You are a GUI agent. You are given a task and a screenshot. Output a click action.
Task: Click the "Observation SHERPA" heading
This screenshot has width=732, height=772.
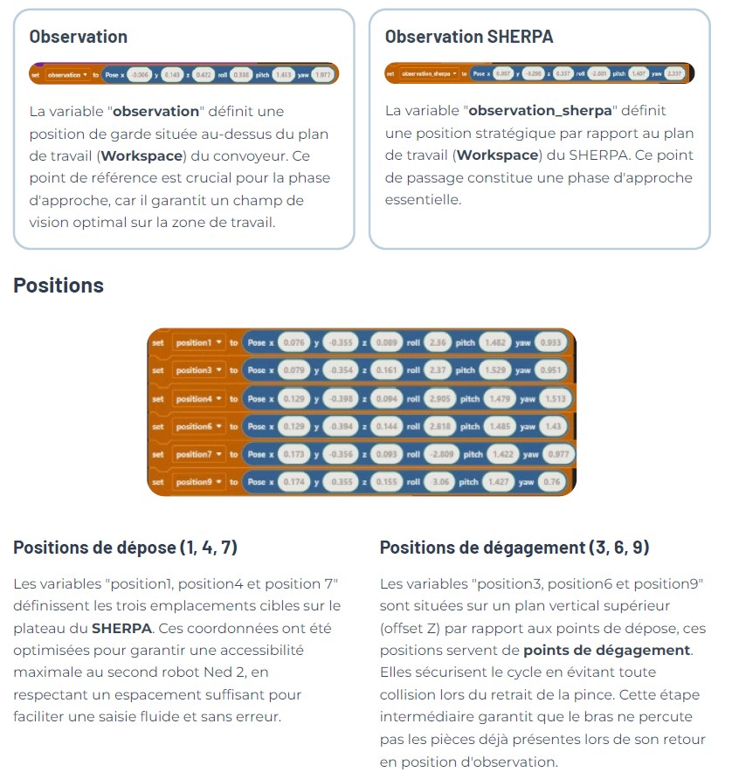click(x=469, y=37)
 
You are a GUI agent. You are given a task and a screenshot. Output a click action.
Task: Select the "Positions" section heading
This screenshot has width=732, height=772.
click(x=59, y=286)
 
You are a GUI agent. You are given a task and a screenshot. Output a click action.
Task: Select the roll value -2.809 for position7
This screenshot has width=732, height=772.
click(x=441, y=454)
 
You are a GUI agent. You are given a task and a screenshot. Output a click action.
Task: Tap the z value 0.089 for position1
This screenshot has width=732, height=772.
click(x=386, y=343)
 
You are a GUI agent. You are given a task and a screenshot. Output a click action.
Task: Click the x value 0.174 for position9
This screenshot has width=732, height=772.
click(x=292, y=482)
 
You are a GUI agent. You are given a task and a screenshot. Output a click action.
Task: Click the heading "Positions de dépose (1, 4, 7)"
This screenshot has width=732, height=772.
click(x=125, y=548)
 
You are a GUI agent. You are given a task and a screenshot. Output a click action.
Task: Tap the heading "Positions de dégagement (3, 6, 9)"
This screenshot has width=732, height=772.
click(x=514, y=548)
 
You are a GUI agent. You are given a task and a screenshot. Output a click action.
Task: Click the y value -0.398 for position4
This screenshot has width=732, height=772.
click(x=339, y=399)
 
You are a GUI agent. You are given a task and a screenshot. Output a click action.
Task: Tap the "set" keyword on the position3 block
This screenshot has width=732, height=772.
click(x=157, y=370)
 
